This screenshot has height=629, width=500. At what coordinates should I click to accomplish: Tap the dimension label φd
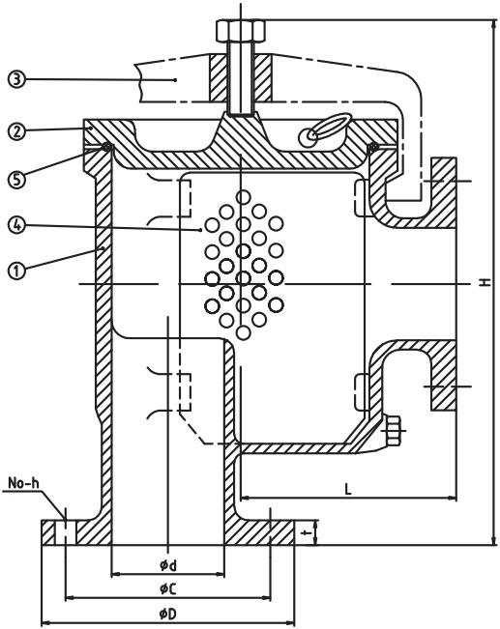pyautogui.click(x=167, y=563)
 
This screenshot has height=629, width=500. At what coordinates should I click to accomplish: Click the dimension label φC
pyautogui.click(x=167, y=587)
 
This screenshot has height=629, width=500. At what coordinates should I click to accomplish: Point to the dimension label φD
pyautogui.click(x=167, y=613)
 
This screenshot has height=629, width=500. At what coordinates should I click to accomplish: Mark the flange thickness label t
pyautogui.click(x=305, y=532)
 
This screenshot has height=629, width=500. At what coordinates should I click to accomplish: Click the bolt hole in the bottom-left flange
pyautogui.click(x=64, y=531)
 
